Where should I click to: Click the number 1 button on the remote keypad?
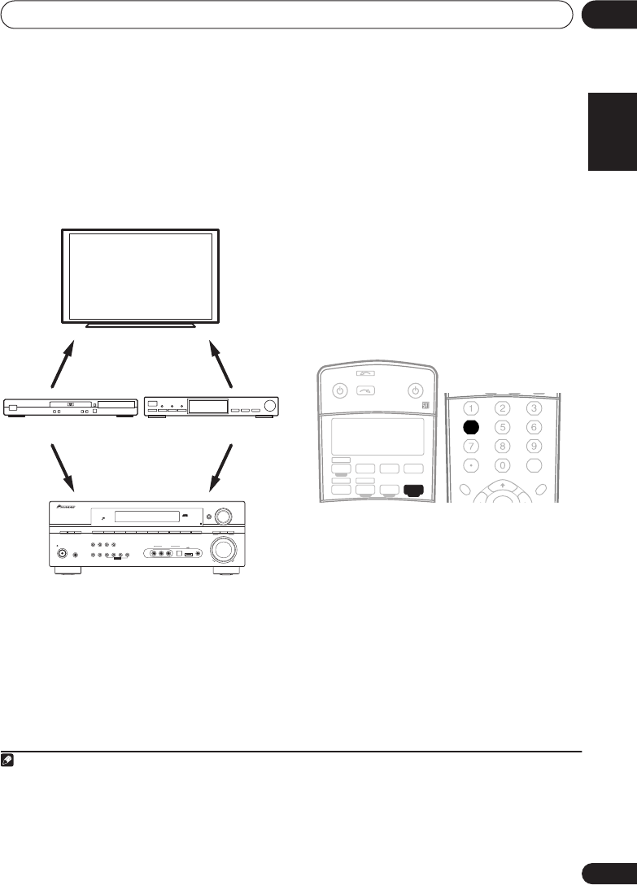point(473,408)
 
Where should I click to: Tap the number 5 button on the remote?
point(503,426)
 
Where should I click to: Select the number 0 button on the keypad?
point(503,465)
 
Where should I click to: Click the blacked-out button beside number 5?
point(473,426)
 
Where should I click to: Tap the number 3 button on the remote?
point(534,408)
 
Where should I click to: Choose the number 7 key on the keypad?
point(473,446)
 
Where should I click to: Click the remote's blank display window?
point(377,437)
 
